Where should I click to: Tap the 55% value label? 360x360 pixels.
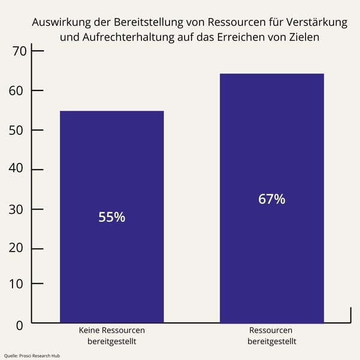112,217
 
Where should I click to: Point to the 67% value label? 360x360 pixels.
272,199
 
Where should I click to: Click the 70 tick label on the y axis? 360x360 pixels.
20,52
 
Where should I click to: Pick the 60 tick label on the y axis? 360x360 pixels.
20,91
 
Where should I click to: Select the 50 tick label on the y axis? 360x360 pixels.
20,131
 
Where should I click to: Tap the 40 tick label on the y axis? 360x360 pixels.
20,170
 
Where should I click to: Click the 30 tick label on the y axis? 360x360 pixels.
20,209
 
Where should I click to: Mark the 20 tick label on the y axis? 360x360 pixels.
20,249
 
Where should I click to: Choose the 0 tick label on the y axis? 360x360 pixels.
19,325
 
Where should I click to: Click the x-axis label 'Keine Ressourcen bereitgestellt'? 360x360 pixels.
112,335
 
